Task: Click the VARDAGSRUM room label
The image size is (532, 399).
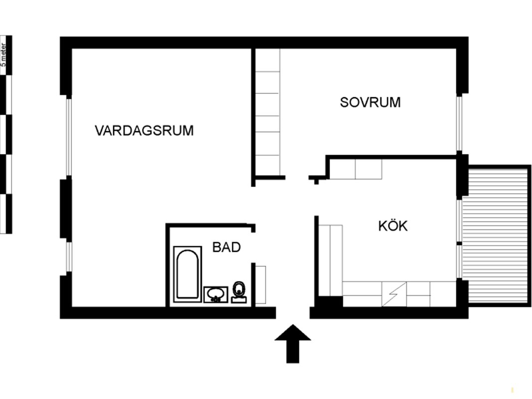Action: [x=144, y=131]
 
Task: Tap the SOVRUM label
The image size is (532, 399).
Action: [x=370, y=102]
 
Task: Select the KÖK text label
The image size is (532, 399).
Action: [x=393, y=225]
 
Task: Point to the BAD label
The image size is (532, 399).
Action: [x=226, y=247]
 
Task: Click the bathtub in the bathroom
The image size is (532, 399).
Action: [x=187, y=274]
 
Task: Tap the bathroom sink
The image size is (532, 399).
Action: [x=216, y=294]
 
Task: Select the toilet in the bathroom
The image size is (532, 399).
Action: [x=239, y=292]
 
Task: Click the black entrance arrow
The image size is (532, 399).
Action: [x=293, y=343]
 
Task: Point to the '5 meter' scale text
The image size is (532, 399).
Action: [x=3, y=54]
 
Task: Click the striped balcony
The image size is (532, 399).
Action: [x=496, y=236]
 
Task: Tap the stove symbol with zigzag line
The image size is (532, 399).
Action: [x=394, y=294]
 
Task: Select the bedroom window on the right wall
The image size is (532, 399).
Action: [x=459, y=124]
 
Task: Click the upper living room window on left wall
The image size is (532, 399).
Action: [x=69, y=137]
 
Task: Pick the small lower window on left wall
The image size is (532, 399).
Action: [x=69, y=257]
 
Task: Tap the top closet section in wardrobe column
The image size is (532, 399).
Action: [x=268, y=60]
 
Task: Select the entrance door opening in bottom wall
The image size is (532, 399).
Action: [x=293, y=313]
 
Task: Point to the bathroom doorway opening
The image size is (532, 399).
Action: [x=253, y=248]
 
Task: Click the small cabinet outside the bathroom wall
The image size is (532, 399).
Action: [x=261, y=285]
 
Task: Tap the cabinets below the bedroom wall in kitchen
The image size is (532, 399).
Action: [x=355, y=169]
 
